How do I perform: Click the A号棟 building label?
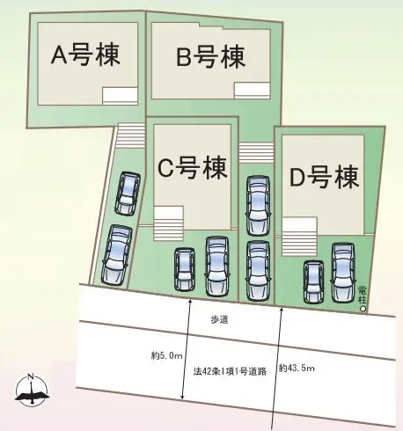[85, 55]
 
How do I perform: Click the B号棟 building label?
[210, 57]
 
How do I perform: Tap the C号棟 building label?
[193, 168]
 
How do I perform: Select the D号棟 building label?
[325, 177]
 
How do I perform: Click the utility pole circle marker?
[363, 309]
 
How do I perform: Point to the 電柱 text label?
[363, 295]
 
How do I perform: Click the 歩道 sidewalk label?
[219, 319]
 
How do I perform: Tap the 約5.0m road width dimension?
[166, 356]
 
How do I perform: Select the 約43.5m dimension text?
[297, 368]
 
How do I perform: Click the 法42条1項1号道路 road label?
[230, 372]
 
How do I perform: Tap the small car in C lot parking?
[185, 269]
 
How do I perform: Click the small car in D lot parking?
[313, 281]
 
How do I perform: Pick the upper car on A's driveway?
[128, 193]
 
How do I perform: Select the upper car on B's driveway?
[258, 206]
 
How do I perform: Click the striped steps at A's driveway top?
[131, 136]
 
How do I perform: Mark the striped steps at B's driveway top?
[256, 152]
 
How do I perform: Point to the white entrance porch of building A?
[120, 96]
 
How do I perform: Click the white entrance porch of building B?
[252, 91]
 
